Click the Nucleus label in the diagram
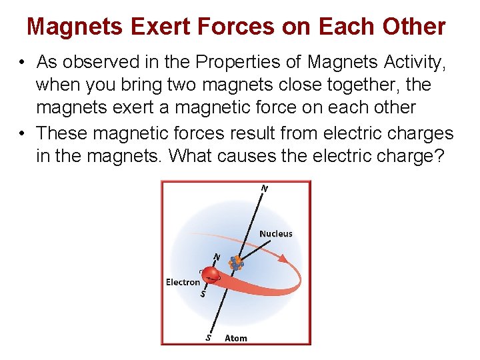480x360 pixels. [275, 233]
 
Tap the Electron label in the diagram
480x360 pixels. [183, 282]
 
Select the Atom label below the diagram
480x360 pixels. [236, 338]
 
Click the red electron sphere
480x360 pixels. [211, 275]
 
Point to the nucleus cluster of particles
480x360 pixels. [235, 263]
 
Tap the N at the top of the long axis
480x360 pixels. [265, 189]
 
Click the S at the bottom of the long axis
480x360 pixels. [209, 337]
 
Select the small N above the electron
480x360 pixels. [216, 257]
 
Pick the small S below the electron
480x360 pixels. [203, 294]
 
